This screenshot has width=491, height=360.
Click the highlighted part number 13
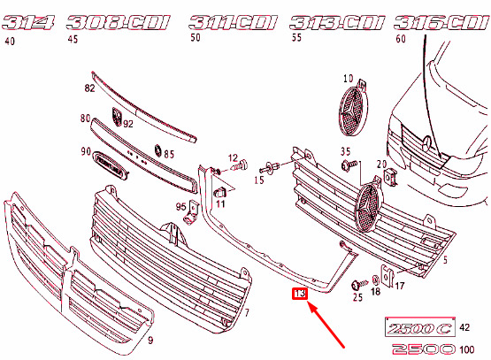[300, 294]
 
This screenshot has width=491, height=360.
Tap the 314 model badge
[27, 22]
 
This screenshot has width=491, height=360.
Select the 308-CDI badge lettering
[118, 22]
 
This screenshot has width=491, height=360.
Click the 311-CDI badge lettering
[233, 22]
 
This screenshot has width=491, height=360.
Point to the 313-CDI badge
[337, 22]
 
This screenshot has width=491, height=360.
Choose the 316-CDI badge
[442, 22]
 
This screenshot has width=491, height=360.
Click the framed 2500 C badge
[420, 327]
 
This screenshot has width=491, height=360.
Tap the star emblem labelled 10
[353, 111]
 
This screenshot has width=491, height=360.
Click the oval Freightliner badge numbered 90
[111, 165]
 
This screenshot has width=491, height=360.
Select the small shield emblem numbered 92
[117, 117]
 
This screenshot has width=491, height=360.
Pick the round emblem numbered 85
[158, 150]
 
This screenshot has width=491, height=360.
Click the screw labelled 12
[240, 165]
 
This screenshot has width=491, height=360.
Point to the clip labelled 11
[219, 192]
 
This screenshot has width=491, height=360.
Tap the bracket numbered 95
[191, 213]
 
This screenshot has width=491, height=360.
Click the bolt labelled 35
[349, 165]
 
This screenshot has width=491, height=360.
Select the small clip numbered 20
[391, 177]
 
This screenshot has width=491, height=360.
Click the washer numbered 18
[375, 280]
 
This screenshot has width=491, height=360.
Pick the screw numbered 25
[360, 285]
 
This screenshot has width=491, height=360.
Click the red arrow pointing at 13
[326, 324]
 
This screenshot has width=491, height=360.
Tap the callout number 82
[89, 88]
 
